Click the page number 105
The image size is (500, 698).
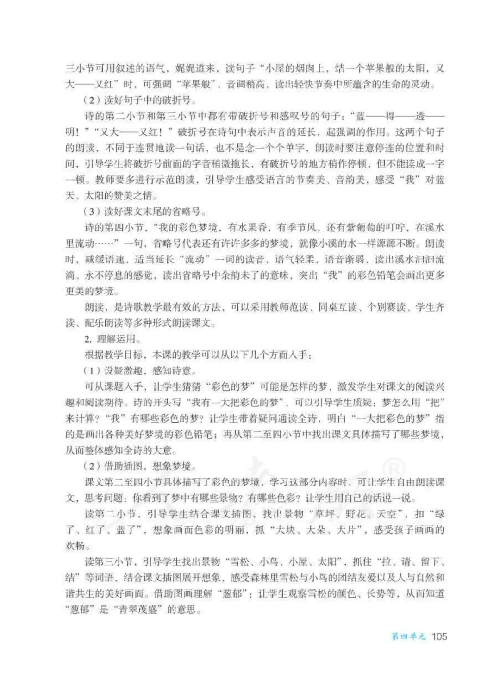[439, 636]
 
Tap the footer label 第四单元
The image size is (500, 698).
[408, 636]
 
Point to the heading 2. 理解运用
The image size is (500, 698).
[112, 339]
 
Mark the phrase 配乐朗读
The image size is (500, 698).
[105, 323]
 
